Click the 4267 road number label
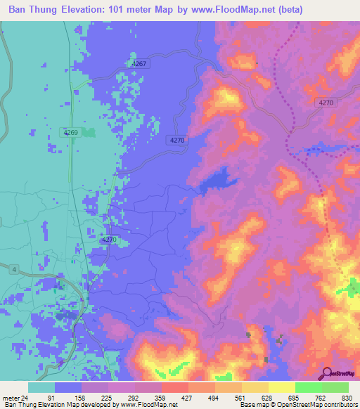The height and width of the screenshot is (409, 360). [139, 64]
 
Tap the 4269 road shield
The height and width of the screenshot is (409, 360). [70, 132]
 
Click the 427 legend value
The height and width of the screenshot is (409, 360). [187, 397]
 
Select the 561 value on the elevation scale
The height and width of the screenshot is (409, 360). [240, 397]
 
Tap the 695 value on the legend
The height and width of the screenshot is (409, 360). [293, 397]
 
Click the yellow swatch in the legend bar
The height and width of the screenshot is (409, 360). [281, 387]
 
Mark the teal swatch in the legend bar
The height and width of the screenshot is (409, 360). [41, 387]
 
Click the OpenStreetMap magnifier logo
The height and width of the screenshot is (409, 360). [327, 372]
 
